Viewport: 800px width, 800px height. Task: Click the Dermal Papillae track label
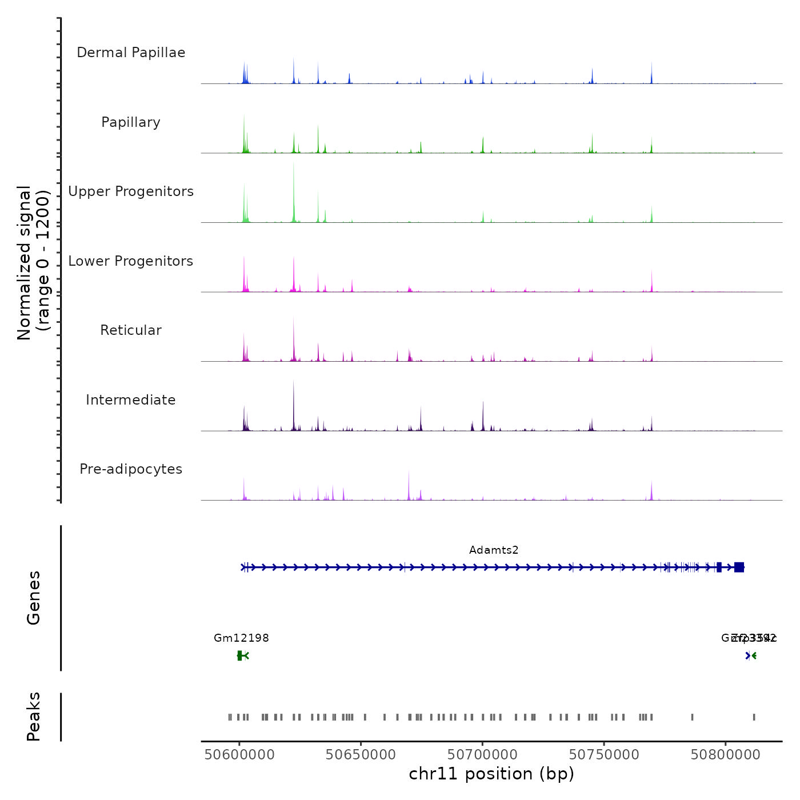coord(131,53)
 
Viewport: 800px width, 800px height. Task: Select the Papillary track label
coord(131,122)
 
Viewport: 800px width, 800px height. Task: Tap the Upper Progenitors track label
coord(131,191)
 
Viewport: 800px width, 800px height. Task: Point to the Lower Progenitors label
coord(131,261)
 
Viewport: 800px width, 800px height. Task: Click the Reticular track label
coord(131,330)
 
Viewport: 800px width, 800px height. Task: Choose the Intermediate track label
coord(131,400)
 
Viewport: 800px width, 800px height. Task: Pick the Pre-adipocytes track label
coord(131,469)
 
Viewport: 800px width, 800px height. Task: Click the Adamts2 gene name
coord(494,550)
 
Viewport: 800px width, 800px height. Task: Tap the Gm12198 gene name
coord(241,638)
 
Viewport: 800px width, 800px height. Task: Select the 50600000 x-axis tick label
coord(239,755)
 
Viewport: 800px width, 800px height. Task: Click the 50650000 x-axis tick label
coord(361,755)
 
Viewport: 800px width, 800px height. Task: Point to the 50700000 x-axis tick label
coord(482,755)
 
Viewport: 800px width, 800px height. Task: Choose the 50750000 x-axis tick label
coord(604,755)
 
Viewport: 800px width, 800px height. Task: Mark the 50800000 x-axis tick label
coord(725,755)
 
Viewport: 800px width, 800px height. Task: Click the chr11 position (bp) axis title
coord(491,774)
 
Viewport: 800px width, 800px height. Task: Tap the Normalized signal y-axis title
coord(33,263)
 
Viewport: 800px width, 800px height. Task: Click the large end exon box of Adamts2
coord(739,567)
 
